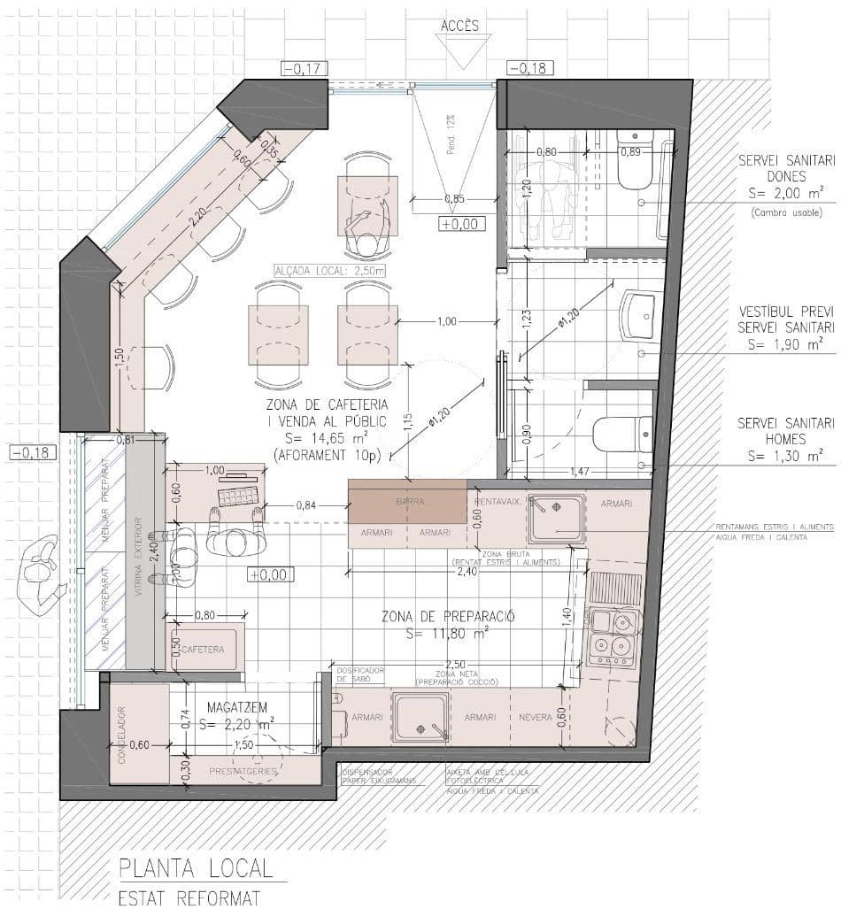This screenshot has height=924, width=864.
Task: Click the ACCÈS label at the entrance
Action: [459, 26]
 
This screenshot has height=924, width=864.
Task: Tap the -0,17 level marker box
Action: [304, 68]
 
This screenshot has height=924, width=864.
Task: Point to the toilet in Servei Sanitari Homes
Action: [621, 435]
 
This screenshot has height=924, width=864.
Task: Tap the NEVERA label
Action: [535, 717]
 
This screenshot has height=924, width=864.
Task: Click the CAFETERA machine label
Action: [203, 650]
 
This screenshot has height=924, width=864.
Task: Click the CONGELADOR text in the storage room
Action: [122, 734]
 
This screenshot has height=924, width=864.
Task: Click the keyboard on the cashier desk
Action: [238, 493]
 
